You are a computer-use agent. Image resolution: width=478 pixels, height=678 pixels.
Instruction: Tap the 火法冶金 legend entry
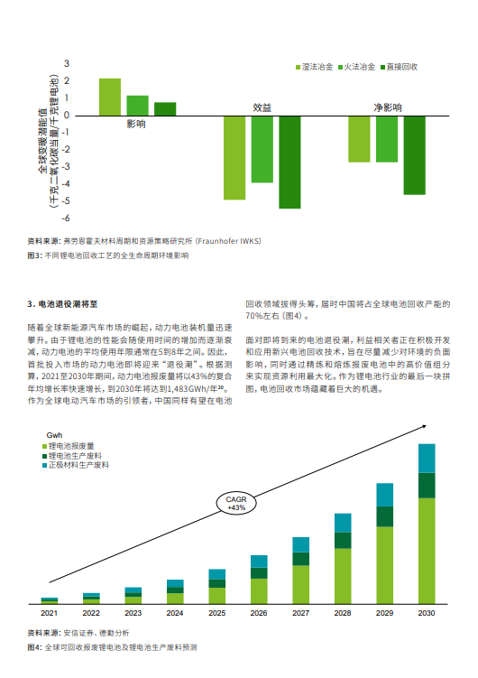[x=360, y=68]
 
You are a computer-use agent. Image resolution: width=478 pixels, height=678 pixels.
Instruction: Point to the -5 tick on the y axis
[x=67, y=202]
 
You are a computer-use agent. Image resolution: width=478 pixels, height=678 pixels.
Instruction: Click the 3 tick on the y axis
[x=67, y=63]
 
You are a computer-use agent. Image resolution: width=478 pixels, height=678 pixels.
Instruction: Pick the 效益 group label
[x=262, y=107]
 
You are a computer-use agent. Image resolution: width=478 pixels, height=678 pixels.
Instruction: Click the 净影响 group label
[x=388, y=107]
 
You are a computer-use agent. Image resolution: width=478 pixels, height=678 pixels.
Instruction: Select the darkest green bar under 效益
[x=290, y=162]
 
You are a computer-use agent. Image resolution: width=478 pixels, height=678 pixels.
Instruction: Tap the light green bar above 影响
[x=110, y=97]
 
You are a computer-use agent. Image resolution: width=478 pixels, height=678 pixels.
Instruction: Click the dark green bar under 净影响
[x=414, y=154]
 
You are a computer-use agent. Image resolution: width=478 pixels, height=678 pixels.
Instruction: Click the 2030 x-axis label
[x=427, y=613]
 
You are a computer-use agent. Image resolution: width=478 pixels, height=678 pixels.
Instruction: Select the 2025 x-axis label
[x=217, y=613]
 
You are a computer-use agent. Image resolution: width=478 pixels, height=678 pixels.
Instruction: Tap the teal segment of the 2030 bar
[x=427, y=458]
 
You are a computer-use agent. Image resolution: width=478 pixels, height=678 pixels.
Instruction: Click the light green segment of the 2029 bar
[x=385, y=564]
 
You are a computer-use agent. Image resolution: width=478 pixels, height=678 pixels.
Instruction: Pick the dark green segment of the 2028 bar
[x=343, y=540]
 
